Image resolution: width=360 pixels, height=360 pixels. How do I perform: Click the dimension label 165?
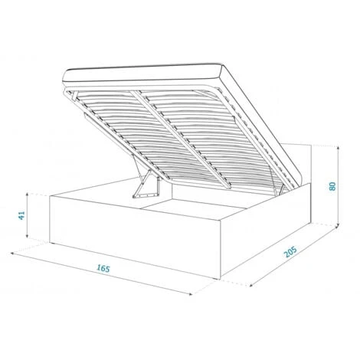coord(103,268)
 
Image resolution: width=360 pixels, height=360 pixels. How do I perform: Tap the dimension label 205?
coord(290,252)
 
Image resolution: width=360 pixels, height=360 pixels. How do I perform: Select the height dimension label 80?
coord(332,186)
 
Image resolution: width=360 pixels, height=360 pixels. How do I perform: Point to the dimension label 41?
coord(21,215)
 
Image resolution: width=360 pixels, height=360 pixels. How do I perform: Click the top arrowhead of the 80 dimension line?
coord(338,148)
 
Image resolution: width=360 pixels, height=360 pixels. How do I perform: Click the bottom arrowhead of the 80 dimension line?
coord(338,225)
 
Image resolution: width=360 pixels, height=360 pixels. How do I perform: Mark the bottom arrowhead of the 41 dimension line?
coord(27,236)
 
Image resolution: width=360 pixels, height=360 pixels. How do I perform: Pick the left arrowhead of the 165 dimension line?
coord(12,254)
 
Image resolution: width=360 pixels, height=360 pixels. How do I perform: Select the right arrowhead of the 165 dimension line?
coord(190,294)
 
